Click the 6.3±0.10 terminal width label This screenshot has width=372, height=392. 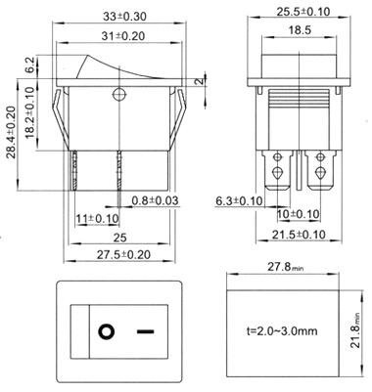pyautogui.click(x=238, y=201)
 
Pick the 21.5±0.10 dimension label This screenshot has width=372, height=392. pyautogui.click(x=299, y=236)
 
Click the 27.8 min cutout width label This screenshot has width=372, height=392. pyautogui.click(x=290, y=266)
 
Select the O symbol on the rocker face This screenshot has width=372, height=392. pyautogui.click(x=105, y=331)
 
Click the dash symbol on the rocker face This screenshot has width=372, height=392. pyautogui.click(x=147, y=331)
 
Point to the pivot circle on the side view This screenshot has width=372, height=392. pyautogui.click(x=120, y=95)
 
